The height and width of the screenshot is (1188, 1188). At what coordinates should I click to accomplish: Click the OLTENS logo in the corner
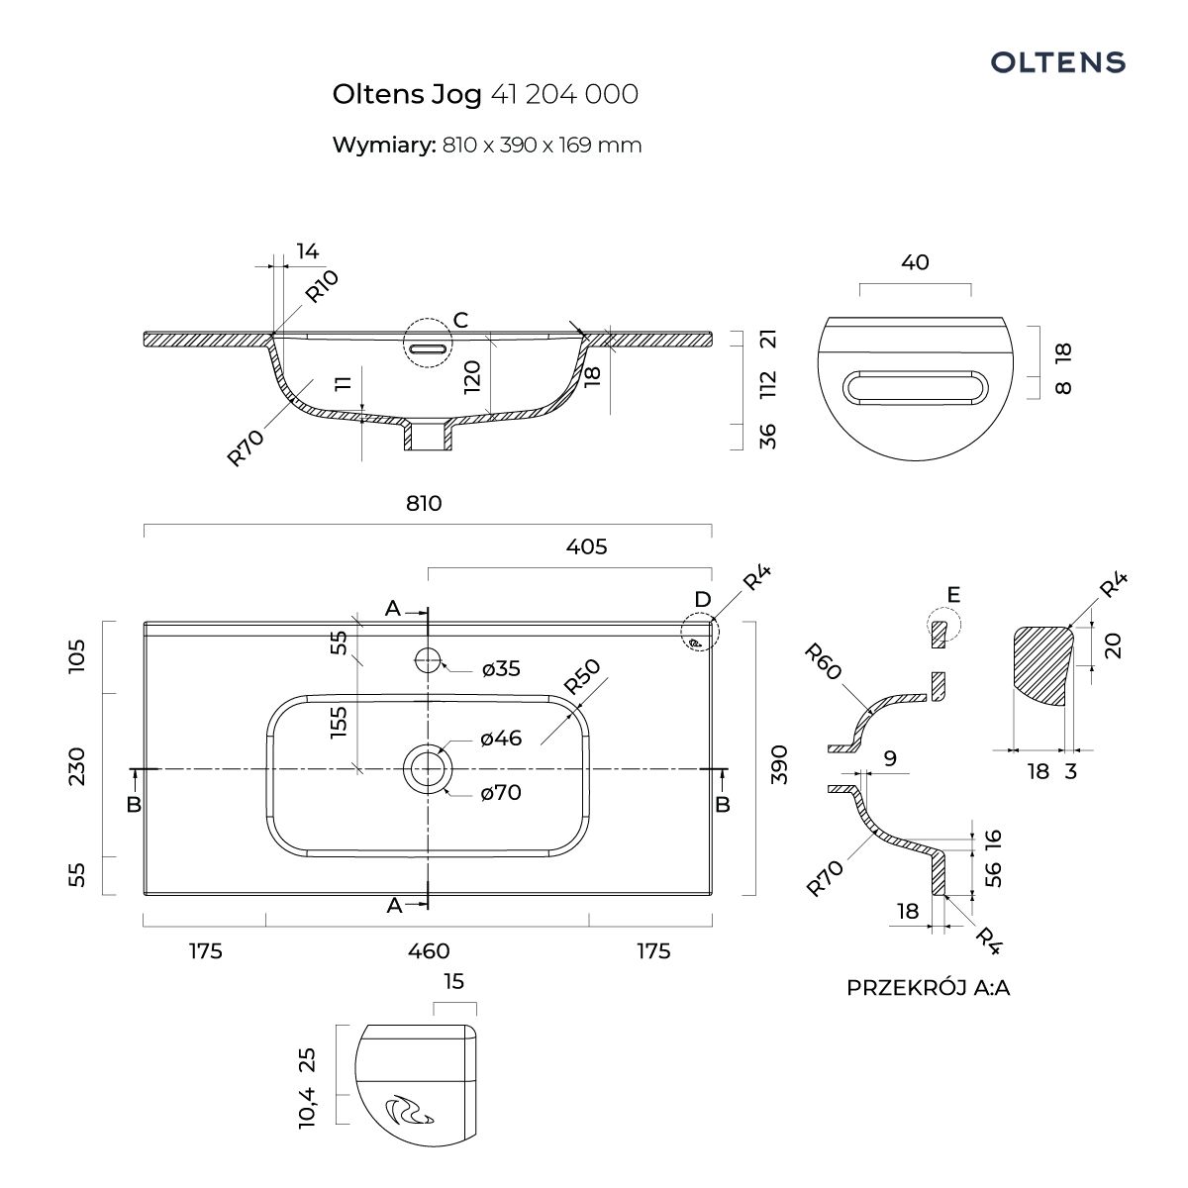1058,62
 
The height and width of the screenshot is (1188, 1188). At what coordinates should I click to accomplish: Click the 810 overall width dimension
424,503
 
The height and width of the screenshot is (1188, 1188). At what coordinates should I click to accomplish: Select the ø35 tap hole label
501,669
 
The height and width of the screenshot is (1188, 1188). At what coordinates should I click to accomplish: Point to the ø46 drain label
501,738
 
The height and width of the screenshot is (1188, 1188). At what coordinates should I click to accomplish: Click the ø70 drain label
501,793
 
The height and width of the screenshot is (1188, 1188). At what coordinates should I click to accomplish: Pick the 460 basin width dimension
429,951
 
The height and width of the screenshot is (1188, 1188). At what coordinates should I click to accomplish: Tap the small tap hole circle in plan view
428,658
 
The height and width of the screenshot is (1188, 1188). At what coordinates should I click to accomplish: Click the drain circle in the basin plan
428,768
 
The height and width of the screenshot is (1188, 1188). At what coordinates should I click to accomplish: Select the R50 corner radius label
582,677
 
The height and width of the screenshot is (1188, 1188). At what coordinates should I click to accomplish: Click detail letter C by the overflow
460,320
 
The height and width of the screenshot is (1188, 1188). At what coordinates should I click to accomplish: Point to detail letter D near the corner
702,600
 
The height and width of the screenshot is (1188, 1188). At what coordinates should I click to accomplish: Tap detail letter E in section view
953,594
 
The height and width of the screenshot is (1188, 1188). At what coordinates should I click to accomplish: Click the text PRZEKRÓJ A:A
928,987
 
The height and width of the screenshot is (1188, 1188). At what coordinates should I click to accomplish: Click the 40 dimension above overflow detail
916,262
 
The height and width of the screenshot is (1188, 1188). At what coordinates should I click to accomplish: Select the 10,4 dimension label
308,1106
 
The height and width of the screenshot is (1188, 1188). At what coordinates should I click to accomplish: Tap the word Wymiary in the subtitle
383,145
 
